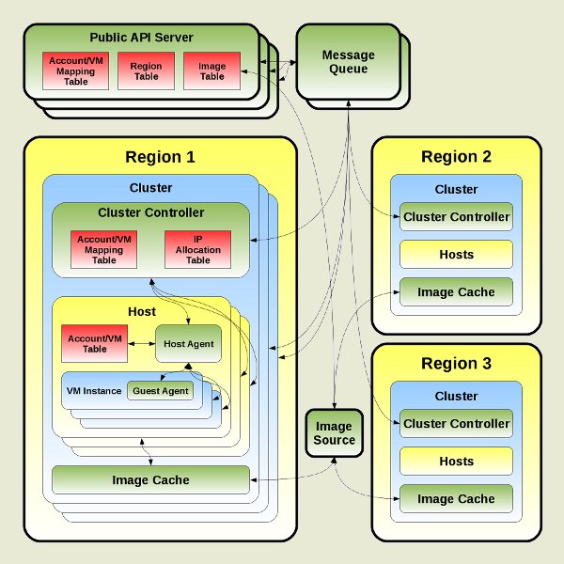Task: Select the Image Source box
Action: coord(334,432)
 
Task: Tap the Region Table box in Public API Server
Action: coord(140,71)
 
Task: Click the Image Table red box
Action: coord(212,71)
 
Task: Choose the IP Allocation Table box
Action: coord(197,248)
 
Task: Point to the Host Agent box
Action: coord(188,344)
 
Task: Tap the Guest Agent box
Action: coord(161,391)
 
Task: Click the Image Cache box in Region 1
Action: coord(150,480)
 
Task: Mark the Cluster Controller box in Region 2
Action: coord(456,217)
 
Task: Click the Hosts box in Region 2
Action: coord(456,255)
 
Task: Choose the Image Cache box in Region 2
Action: coord(456,292)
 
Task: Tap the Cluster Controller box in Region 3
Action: coord(456,424)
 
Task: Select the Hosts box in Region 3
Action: coord(456,462)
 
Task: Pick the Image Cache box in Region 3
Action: coord(456,499)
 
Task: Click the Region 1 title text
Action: coord(160,157)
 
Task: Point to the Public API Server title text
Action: coord(141,38)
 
